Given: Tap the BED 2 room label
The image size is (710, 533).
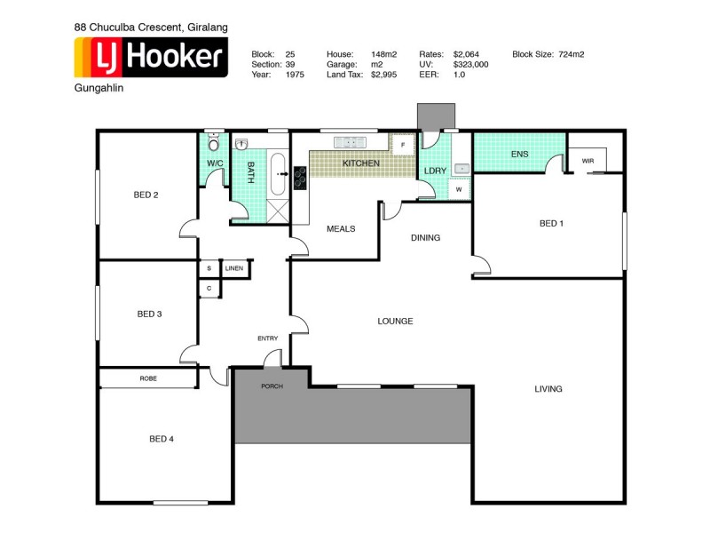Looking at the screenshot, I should (146, 195).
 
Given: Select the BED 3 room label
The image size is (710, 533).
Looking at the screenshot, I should (149, 314).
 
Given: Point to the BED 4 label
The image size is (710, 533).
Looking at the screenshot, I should (162, 438).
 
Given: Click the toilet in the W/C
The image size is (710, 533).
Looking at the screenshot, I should (213, 143).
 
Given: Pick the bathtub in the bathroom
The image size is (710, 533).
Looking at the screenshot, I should (277, 173).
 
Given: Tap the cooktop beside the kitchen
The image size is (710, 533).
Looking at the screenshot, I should (299, 179).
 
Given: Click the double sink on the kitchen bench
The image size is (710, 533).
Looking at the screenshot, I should (349, 142).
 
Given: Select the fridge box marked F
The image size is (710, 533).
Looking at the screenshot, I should (403, 144).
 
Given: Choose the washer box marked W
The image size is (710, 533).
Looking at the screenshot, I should (459, 188).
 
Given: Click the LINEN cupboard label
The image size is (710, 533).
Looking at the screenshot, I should (233, 268).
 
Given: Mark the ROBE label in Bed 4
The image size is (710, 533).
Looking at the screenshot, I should (148, 378).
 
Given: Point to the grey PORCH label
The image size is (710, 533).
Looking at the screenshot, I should (271, 387).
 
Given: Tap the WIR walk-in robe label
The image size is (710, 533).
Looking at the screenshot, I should (588, 161).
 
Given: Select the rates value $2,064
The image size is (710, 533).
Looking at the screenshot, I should (466, 54).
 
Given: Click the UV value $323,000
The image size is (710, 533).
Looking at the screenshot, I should (470, 65).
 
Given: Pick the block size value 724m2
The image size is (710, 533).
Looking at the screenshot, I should (572, 54).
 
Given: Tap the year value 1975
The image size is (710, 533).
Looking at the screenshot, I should (295, 76).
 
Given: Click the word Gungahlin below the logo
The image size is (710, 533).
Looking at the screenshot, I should (99, 90).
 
